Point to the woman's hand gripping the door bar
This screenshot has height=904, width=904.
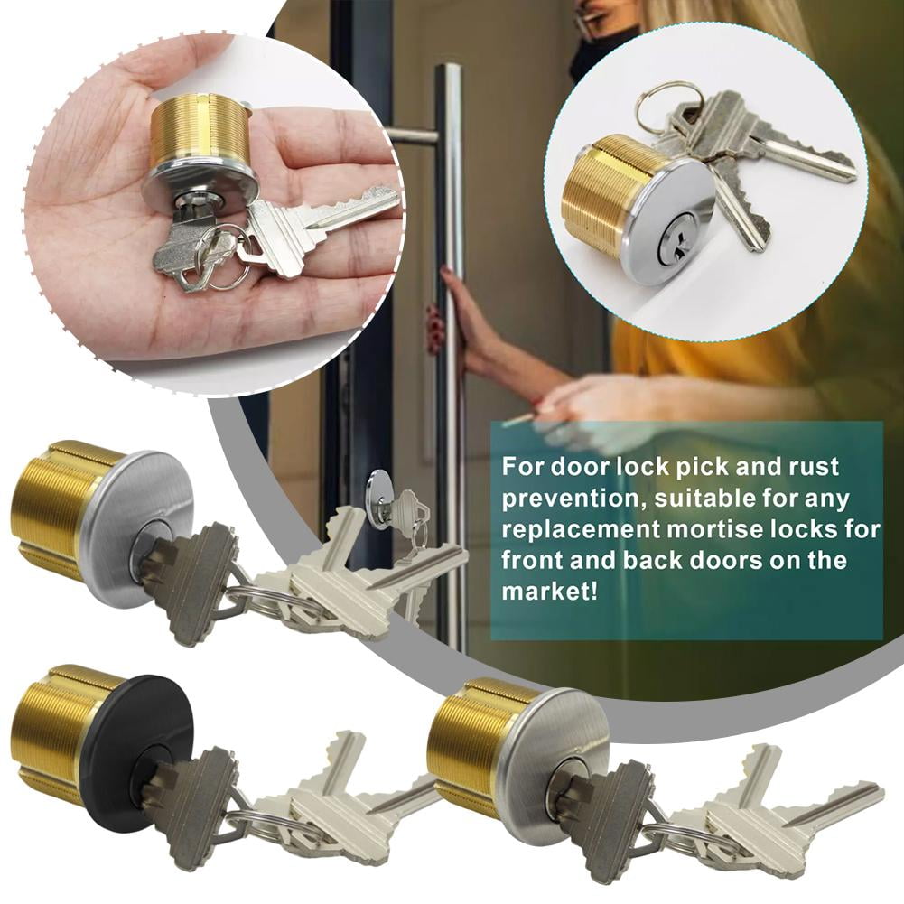click(x=465, y=316)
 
